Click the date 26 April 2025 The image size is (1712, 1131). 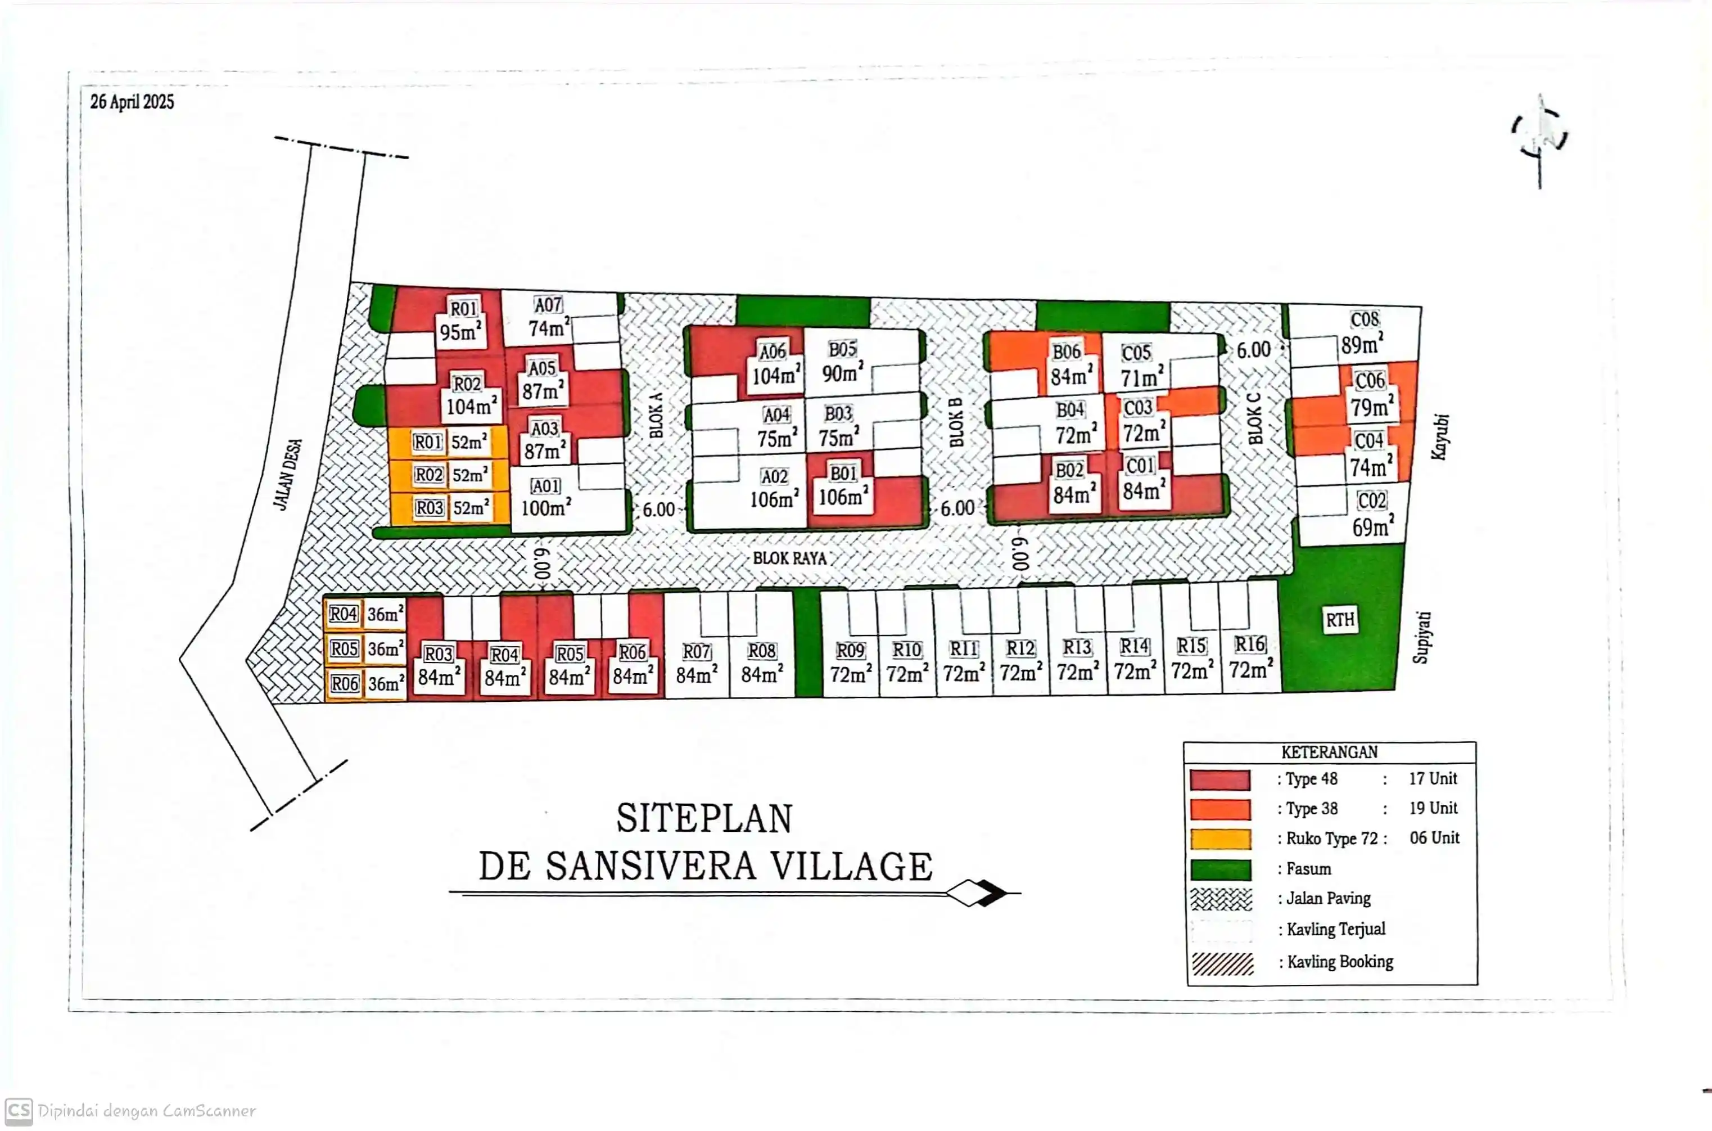pos(132,102)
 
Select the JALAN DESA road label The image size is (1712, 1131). pos(288,475)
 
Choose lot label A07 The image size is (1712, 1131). pos(548,305)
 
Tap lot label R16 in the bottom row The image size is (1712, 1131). pos(1250,644)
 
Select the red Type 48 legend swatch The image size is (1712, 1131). pos(1220,779)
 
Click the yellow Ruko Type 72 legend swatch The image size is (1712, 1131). pos(1220,840)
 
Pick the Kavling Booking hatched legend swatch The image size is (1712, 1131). pos(1222,963)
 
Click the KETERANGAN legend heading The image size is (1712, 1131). pos(1329,753)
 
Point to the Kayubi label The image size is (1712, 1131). pos(1439,436)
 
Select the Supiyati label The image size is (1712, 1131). pos(1421,638)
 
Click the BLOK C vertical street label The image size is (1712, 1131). pos(1255,419)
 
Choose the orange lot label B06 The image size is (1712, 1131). pos(1066,352)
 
